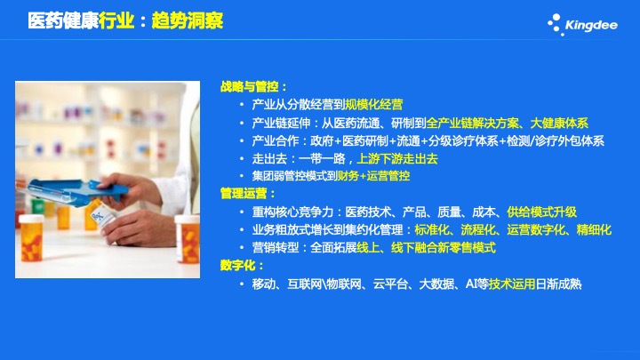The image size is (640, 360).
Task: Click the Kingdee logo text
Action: coord(591,25)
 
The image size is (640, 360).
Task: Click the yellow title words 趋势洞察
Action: coord(188,20)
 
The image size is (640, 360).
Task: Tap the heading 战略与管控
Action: coord(249,86)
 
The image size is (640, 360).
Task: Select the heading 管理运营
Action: coord(244,194)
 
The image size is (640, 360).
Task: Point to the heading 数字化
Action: coord(237,265)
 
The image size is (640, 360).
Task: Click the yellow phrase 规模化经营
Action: coord(374,105)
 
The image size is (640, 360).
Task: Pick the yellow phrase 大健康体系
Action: coord(559,123)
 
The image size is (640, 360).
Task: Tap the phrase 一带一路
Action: coord(322,158)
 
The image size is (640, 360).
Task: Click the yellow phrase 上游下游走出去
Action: coord(397,158)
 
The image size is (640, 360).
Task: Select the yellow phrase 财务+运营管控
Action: coord(373,176)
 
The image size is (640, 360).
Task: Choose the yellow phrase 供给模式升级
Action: coord(541,212)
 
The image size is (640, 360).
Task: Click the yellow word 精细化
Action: coord(594,230)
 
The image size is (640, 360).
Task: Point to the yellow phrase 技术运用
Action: coord(512,284)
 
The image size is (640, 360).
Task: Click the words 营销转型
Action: coord(275,247)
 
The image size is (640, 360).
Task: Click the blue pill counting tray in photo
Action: coord(74,191)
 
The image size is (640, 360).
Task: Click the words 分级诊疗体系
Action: coord(463,140)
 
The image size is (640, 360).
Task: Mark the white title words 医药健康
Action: coord(63,20)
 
